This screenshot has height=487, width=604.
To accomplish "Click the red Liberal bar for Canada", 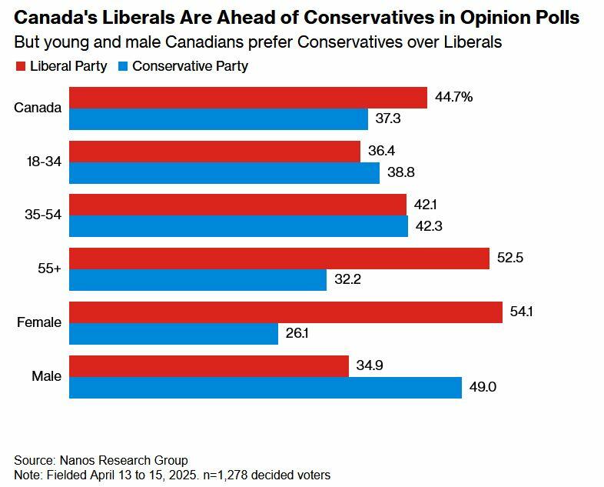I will click(x=247, y=98).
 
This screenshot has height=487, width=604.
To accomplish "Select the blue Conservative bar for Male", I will click(x=265, y=388).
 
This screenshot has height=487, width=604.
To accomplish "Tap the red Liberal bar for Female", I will click(x=286, y=312).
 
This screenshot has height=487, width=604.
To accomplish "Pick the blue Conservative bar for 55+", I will click(x=197, y=280).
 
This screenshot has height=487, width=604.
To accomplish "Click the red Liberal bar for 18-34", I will click(x=214, y=152).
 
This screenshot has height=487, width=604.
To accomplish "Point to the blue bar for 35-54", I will click(x=238, y=226).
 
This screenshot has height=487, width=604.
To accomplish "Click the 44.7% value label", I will click(x=453, y=97).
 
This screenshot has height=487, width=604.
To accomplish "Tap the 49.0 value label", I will click(x=483, y=387).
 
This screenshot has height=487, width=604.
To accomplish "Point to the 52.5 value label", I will click(x=510, y=259).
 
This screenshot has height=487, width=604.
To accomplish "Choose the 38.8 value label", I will click(x=401, y=172).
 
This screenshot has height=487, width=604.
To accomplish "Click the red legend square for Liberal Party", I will click(x=21, y=67).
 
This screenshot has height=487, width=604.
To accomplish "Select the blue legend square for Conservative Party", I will click(x=123, y=67).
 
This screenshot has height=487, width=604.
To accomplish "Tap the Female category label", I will click(x=39, y=322).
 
